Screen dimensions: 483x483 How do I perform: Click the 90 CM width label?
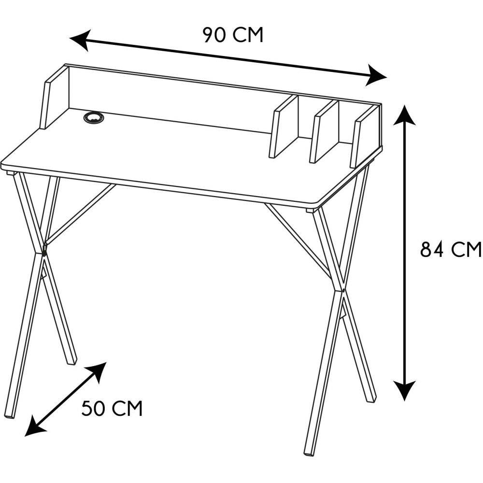click(233, 35)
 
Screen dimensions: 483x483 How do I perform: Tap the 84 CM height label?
click(451, 249)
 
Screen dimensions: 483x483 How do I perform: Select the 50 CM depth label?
click(112, 409)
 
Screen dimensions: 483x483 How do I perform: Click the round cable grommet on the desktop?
click(94, 117)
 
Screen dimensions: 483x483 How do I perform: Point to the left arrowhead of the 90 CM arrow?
click(80, 40)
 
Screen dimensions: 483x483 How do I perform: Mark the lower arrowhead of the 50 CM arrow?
click(34, 426)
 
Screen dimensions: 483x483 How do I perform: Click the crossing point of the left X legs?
click(44, 253)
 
